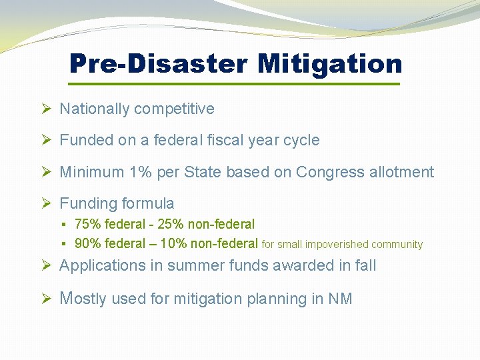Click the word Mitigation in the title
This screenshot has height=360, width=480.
[x=330, y=64]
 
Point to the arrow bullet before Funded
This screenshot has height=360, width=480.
[x=45, y=140]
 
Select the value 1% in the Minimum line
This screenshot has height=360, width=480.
[x=141, y=172]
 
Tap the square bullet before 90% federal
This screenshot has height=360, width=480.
[x=66, y=244]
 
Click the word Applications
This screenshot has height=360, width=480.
[x=102, y=265]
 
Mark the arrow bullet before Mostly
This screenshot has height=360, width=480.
[x=45, y=299]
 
